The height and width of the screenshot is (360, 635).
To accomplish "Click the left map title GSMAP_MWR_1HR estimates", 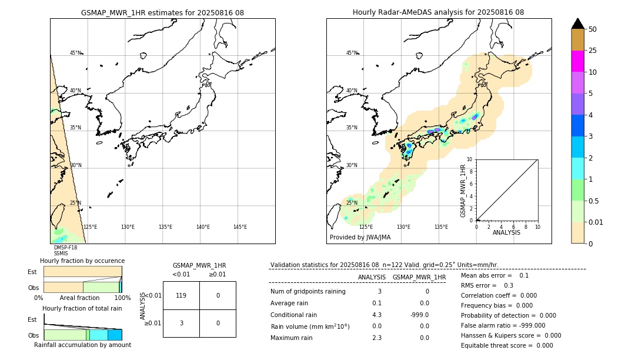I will [162, 12].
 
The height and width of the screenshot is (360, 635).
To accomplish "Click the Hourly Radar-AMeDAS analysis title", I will [438, 12].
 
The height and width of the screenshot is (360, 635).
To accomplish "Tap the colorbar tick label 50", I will [593, 29].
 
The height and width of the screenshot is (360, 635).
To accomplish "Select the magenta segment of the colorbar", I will [577, 61].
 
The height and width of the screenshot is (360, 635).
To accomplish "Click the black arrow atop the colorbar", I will [577, 24].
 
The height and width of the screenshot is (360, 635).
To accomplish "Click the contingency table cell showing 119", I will [181, 295].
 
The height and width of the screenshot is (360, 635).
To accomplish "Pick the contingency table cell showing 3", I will [181, 323].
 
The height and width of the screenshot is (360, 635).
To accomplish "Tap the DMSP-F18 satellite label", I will [65, 248].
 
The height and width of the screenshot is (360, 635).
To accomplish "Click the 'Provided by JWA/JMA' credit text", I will [360, 238].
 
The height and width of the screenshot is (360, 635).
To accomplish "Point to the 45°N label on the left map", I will [76, 53].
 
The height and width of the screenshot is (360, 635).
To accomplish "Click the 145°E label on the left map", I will [240, 227].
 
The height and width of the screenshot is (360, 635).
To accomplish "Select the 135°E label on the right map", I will [441, 227].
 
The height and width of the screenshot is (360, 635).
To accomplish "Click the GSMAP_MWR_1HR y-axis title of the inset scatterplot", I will [463, 191].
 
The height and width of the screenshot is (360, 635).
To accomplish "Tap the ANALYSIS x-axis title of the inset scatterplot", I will [506, 232].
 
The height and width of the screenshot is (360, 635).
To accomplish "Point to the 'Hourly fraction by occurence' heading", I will [82, 261].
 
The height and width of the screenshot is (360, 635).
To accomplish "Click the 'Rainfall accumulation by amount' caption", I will [82, 345].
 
